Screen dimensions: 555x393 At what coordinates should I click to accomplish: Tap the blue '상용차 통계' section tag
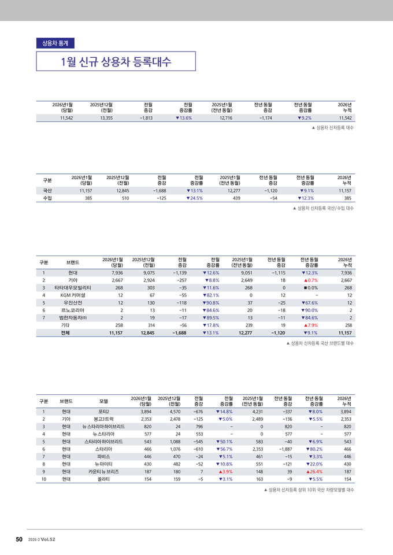tap(55, 43)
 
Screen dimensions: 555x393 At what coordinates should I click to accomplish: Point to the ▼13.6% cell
tap(184, 118)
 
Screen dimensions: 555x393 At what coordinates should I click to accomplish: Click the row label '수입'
tap(47, 198)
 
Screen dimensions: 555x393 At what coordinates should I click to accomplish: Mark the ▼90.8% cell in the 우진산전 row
tap(210, 302)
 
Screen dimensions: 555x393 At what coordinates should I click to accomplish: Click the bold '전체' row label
tap(73, 332)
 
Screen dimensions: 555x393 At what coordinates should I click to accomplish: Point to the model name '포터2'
tap(103, 412)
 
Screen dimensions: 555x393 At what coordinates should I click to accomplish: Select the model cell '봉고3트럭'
tap(103, 419)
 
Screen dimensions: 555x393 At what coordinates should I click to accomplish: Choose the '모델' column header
tap(103, 401)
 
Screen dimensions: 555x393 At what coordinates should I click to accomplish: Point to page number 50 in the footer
tap(19, 539)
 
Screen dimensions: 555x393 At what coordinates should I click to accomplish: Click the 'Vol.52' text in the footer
tap(48, 539)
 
